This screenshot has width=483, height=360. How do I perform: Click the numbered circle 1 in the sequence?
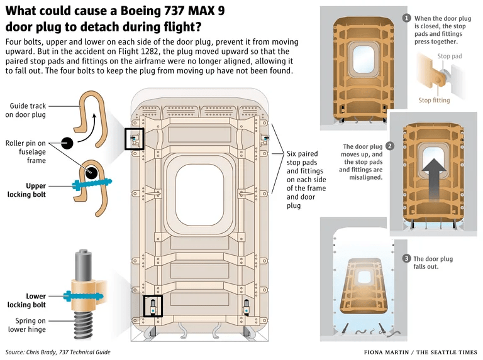click(x=407, y=18)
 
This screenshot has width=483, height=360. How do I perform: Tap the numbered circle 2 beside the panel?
click(x=390, y=146)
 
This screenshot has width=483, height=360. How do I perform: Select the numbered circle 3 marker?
click(x=407, y=259)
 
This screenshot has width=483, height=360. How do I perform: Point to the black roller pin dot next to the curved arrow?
click(x=67, y=143)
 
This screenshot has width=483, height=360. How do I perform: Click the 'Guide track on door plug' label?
click(x=26, y=111)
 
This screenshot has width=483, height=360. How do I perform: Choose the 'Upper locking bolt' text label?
click(x=26, y=190)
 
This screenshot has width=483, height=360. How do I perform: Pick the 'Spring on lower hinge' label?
click(x=26, y=325)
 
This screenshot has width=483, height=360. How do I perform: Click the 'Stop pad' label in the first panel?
click(x=449, y=57)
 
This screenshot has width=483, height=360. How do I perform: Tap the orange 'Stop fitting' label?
click(x=434, y=101)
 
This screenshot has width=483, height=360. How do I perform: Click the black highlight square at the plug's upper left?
click(x=136, y=139)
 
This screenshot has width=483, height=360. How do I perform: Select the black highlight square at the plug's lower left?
click(x=152, y=307)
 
